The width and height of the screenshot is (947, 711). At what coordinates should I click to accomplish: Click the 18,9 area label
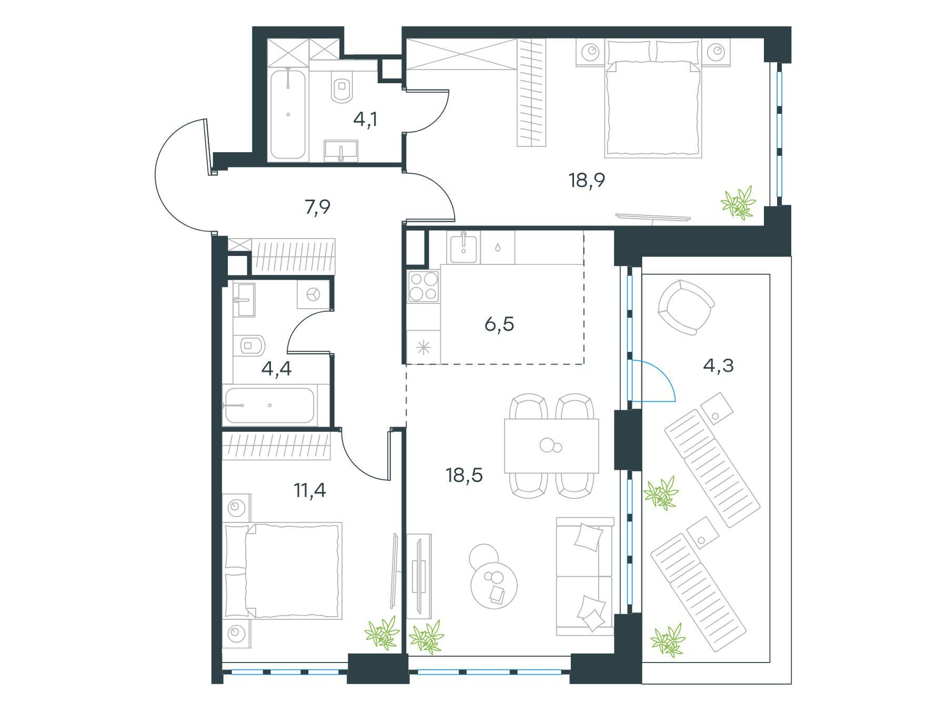coord(587,181)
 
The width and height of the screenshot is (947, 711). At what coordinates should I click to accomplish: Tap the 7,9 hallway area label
coord(317,208)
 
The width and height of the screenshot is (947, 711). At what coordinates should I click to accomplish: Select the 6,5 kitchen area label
coord(499,324)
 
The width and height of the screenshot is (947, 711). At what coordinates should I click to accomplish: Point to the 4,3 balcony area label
coord(718,364)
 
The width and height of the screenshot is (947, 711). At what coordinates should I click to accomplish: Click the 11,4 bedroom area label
coord(310,490)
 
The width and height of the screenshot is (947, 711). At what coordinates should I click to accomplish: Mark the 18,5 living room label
coord(464,475)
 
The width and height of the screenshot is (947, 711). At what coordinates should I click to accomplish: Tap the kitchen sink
coord(463,248)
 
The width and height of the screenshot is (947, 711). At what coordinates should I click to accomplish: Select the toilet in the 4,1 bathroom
coord(342,89)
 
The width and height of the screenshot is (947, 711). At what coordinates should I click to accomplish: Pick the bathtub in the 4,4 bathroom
coord(269,406)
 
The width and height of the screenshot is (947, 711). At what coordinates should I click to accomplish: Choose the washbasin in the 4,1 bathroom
coord(341,151)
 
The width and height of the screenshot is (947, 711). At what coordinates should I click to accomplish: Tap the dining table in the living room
coord(551,446)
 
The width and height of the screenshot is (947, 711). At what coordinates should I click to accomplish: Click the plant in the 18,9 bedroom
coord(739,202)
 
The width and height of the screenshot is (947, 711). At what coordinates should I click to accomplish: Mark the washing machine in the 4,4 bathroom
coord(314,294)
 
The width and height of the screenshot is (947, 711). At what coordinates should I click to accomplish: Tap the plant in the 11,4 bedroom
coord(383,632)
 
